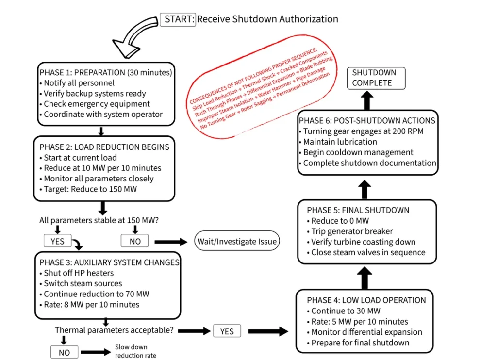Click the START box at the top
click(178, 19)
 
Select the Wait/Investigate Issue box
click(237, 241)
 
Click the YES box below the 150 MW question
click(58, 241)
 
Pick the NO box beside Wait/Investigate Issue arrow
click(135, 241)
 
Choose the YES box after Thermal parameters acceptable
click(227, 331)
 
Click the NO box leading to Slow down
click(64, 353)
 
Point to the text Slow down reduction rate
click(135, 351)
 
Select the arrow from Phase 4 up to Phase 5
click(366, 278)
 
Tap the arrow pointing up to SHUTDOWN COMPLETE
click(367, 100)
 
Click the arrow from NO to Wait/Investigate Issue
click(170, 242)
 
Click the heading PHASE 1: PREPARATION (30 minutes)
click(106, 72)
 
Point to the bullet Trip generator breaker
click(352, 231)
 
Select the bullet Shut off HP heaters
click(79, 273)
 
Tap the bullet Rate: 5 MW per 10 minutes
click(359, 322)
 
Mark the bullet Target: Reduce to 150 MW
click(90, 189)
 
